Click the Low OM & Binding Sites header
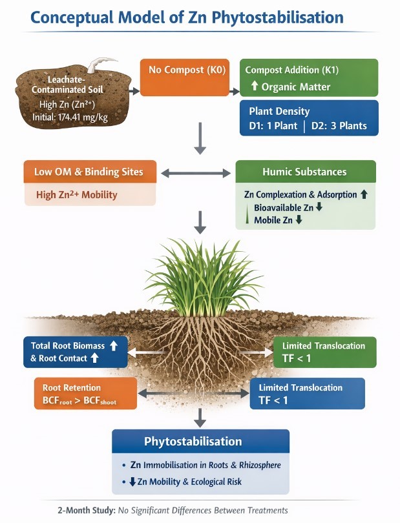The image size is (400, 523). pyautogui.click(x=90, y=172)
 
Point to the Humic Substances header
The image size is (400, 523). pyautogui.click(x=304, y=172)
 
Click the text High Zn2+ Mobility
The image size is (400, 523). pyautogui.click(x=76, y=194)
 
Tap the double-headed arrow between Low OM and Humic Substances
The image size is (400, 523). pyautogui.click(x=196, y=173)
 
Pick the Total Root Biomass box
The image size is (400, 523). pyautogui.click(x=74, y=352)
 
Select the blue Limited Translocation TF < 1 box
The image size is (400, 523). pyautogui.click(x=307, y=393)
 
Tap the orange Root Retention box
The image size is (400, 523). pyautogui.click(x=85, y=393)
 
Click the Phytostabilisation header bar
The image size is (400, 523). pyautogui.click(x=200, y=442)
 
